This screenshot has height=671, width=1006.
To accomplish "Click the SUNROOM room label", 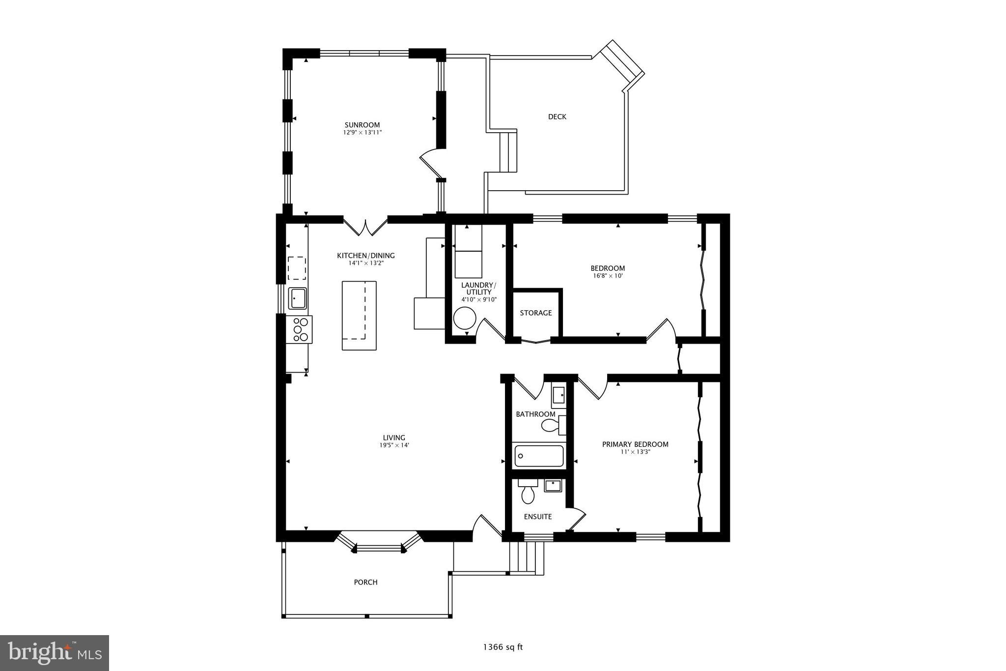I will pos(362,125).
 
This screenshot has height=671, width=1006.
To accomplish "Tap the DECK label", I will pos(557,117).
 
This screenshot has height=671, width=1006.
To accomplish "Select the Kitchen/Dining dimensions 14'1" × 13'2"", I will pos(365,263).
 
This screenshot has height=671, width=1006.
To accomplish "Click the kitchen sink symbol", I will pos(297,298).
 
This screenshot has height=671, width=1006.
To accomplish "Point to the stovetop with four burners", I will pos(301,329).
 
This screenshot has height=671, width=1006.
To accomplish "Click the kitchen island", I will pos(359,315).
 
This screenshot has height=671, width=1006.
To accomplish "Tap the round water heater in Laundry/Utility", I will pos(464,319).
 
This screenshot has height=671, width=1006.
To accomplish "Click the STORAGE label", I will pos(535,313).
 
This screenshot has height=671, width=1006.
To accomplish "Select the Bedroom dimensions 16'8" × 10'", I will pos(608,276).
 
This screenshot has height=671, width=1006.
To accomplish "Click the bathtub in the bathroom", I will pos(539,456).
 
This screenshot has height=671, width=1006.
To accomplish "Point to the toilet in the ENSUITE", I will pos(528,493).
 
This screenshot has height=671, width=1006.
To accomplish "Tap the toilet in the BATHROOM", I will pos(551,425).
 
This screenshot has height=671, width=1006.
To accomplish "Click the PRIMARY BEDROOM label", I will pos(635,444).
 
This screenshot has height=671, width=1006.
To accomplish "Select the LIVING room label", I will pos(394,438).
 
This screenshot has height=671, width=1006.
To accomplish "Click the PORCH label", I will pos(365,582).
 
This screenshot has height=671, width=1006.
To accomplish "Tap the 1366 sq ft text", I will pos(503,647).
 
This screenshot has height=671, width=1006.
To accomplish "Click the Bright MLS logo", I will pos(55,653).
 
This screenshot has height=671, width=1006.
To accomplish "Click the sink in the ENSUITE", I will pos(553,486).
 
